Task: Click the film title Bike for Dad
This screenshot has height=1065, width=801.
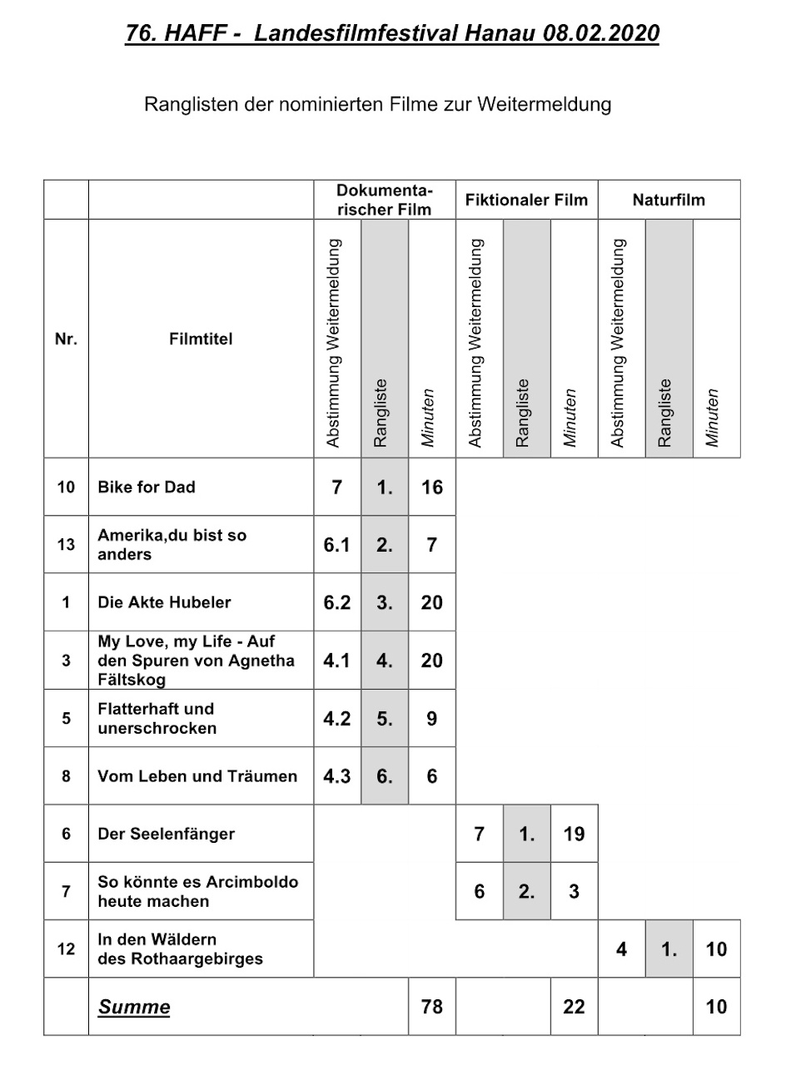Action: (147, 487)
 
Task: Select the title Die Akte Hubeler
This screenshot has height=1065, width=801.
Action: (164, 602)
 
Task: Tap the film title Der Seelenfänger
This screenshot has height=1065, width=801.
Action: (166, 834)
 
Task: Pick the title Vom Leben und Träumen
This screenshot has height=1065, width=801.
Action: (197, 776)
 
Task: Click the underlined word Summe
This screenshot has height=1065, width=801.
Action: (134, 1007)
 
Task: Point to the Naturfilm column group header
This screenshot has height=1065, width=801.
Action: (669, 200)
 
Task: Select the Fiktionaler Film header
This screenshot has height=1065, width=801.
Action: (526, 200)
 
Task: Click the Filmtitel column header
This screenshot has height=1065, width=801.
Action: (201, 339)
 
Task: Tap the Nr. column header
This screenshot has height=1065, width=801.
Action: (66, 339)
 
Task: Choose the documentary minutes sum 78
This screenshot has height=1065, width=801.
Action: (432, 1007)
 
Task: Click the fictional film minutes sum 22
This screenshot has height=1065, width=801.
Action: (574, 1007)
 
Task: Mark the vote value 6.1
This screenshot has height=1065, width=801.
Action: (337, 545)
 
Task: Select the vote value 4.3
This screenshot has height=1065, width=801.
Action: (337, 776)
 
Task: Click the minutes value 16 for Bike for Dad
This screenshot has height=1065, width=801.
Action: (432, 487)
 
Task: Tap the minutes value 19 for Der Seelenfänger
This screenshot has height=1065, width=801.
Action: (574, 834)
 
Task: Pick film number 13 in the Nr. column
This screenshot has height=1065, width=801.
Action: (66, 545)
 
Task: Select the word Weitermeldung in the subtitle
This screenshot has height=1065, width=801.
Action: (545, 105)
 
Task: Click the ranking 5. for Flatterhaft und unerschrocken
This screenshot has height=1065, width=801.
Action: (385, 719)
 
